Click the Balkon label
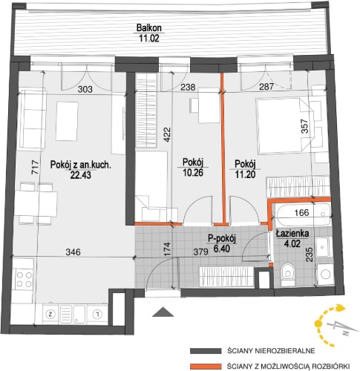149,27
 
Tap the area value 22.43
81,175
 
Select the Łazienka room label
292,234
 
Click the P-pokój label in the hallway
222,238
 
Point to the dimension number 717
36,168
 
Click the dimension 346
73,252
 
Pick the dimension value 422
167,134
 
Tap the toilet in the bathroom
288,275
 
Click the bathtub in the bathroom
304,214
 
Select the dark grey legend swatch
206,351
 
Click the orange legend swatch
206,366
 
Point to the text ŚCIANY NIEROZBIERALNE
271,351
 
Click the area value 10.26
193,172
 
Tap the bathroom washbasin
324,247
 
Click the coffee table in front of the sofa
67,121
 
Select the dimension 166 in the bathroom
302,212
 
